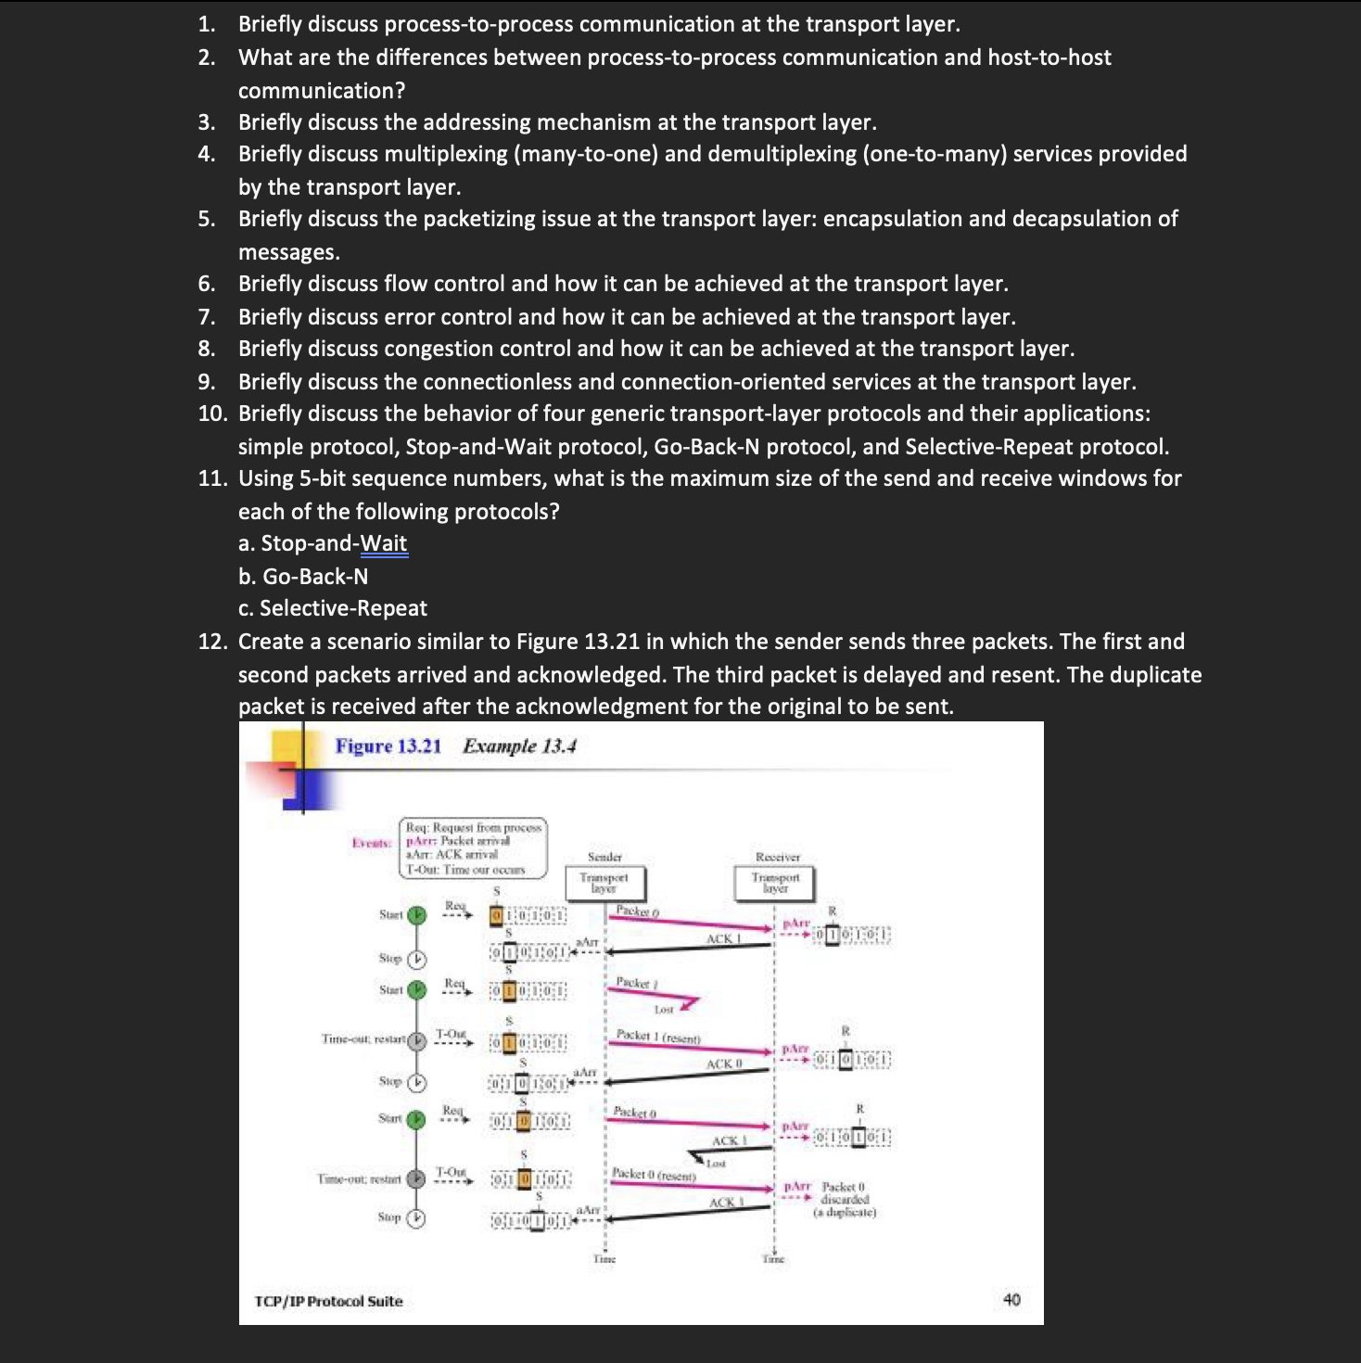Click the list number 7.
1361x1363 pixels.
click(206, 317)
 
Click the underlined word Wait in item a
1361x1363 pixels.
click(384, 543)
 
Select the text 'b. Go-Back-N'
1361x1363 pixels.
click(303, 577)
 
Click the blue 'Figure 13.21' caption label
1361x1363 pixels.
click(388, 746)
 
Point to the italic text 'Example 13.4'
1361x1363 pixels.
click(519, 746)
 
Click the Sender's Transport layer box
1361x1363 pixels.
click(604, 883)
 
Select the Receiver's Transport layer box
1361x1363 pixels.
click(775, 883)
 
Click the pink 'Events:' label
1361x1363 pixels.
click(372, 843)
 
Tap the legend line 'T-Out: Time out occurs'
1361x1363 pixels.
click(465, 870)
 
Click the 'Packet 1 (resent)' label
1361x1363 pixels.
click(658, 1036)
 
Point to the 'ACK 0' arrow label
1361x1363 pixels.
click(724, 1064)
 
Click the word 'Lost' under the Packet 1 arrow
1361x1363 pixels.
click(664, 1010)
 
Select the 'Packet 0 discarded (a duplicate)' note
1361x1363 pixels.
click(844, 1199)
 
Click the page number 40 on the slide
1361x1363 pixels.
click(1011, 1300)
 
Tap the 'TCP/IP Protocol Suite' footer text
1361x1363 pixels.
click(328, 1302)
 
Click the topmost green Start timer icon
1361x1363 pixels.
click(417, 915)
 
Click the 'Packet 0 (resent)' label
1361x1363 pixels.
click(654, 1175)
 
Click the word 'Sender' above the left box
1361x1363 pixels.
click(604, 857)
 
